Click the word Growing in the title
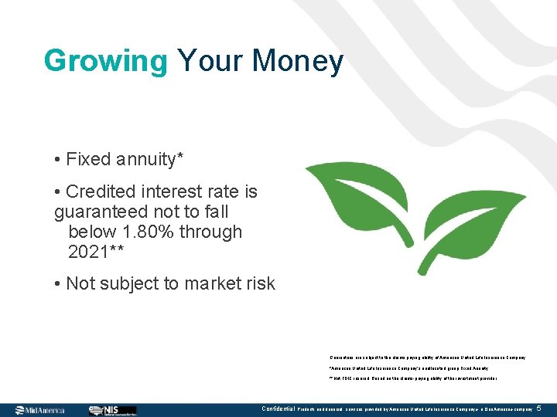[x=105, y=61]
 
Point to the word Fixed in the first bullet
[x=87, y=160]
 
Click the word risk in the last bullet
[x=258, y=284]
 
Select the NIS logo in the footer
[x=112, y=410]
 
